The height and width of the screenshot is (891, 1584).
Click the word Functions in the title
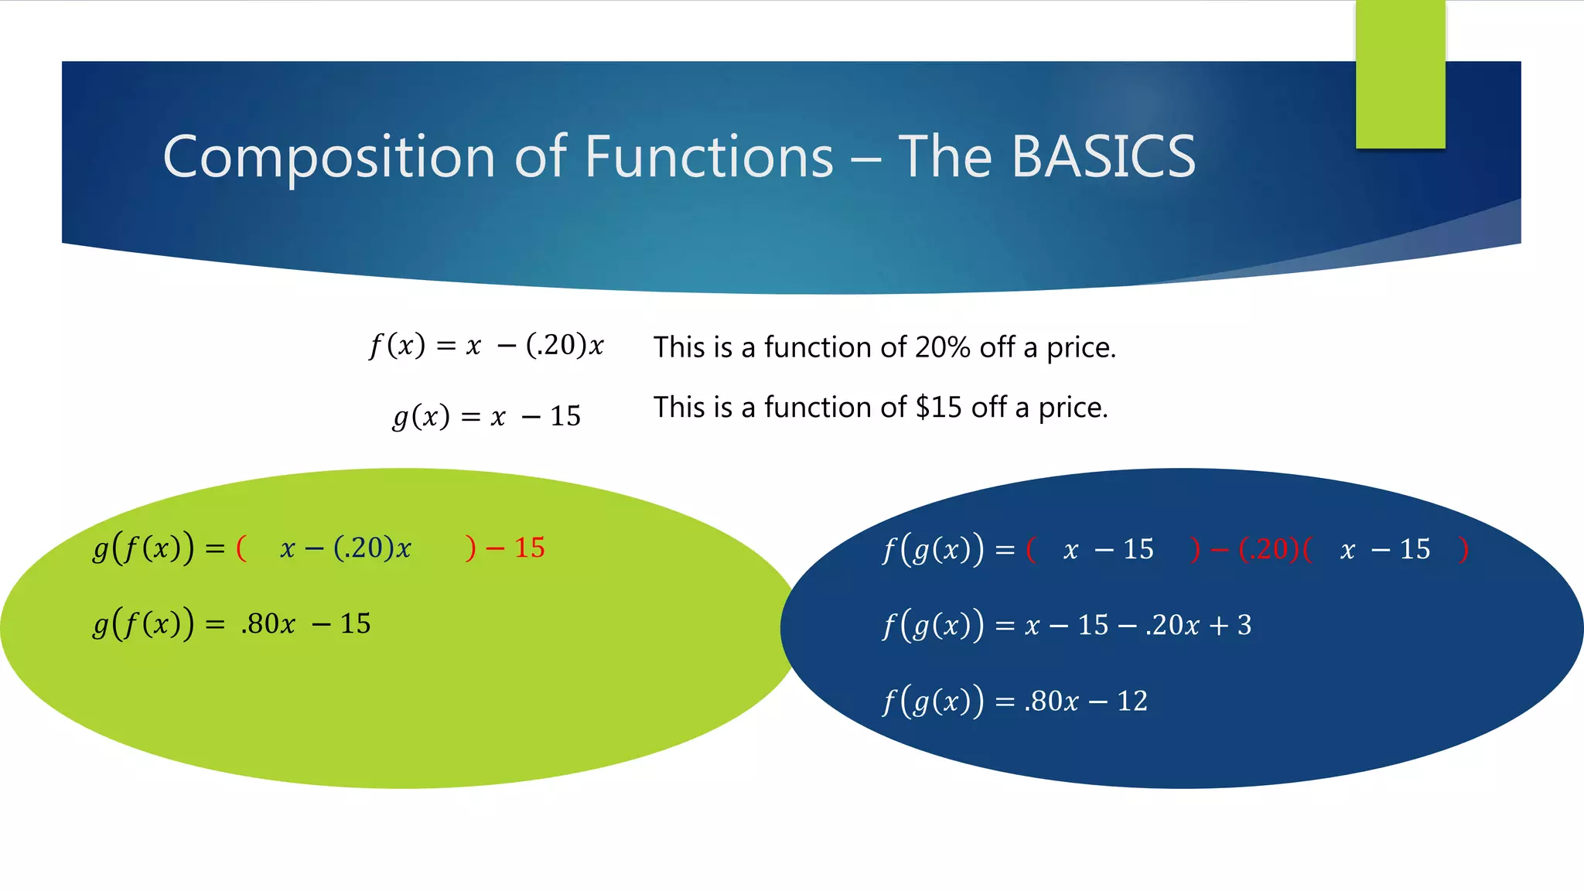point(708,157)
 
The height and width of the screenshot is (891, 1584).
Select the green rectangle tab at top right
point(1400,73)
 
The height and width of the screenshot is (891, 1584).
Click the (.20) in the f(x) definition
point(555,345)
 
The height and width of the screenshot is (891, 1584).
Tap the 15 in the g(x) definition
point(565,417)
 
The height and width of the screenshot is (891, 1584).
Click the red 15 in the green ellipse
point(530,548)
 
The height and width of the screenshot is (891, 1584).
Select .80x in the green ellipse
point(268,624)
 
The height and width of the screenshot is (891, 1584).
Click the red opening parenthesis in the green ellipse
point(241,548)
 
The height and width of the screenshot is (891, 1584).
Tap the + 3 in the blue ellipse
point(1233,625)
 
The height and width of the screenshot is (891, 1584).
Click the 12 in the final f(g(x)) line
point(1132,702)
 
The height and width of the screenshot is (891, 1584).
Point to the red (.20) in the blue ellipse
point(1268,550)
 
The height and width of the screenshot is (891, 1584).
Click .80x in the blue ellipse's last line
point(1051,702)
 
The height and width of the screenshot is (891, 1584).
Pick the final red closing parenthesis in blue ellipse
point(1463,550)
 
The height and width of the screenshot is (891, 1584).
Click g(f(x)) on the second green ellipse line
point(143,624)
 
